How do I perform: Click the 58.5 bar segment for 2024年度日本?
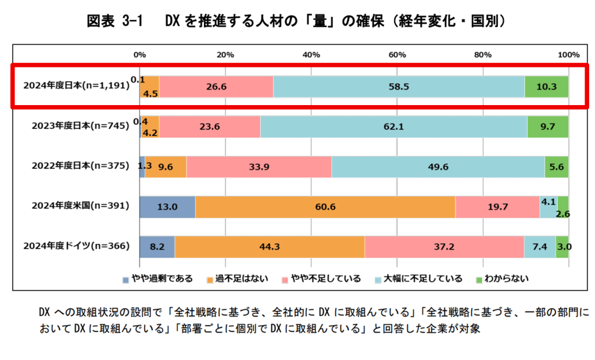399,87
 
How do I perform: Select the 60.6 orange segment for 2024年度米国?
325,207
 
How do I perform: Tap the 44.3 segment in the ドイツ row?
270,247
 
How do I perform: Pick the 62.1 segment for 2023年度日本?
393,127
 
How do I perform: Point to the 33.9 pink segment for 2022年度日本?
259,167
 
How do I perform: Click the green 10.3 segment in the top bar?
546,87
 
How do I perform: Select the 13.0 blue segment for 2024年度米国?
167,207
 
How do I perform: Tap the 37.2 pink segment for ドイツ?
444,247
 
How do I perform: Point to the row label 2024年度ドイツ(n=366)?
76,246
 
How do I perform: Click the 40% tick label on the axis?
311,55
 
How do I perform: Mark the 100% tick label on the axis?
568,55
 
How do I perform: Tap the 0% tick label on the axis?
139,55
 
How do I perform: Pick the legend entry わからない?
507,279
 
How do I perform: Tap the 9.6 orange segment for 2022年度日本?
166,167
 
